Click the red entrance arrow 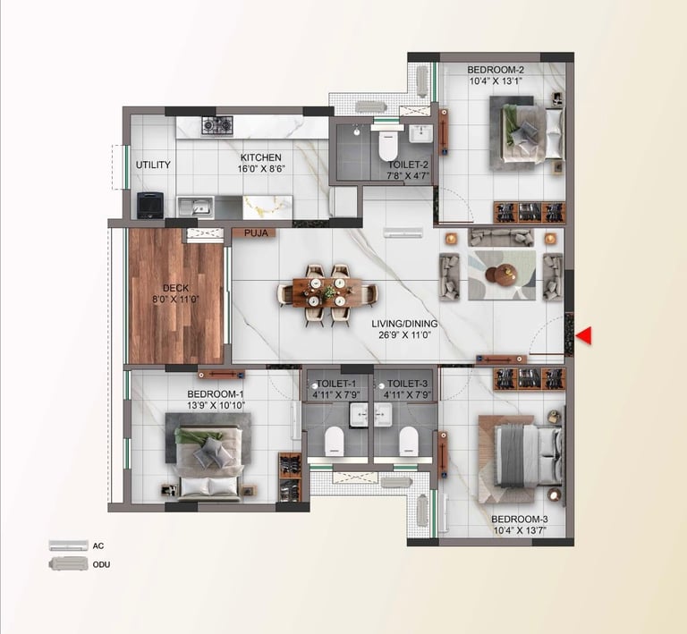(585, 335)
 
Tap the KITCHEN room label (260, 157)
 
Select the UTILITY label (153, 165)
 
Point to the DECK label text (164, 289)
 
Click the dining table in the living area (327, 290)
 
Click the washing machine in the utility (148, 206)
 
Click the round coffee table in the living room (504, 276)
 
